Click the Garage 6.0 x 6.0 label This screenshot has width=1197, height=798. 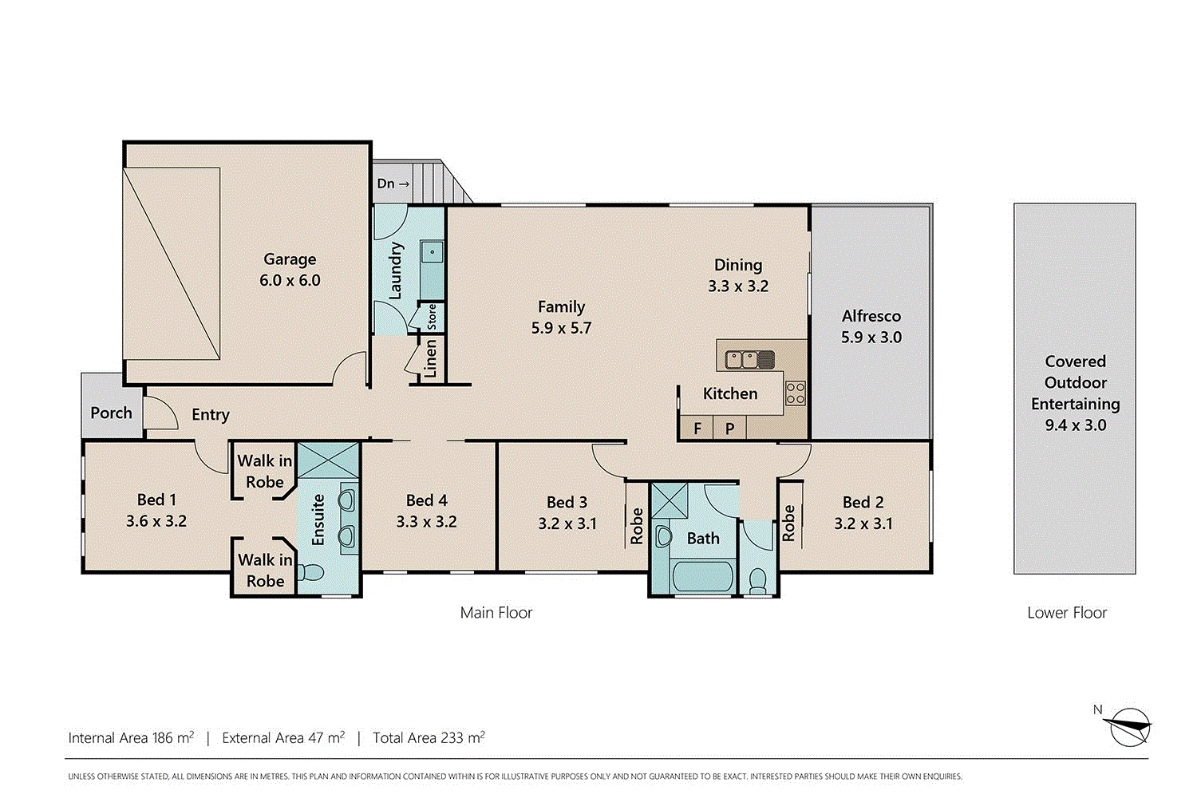[x=290, y=270]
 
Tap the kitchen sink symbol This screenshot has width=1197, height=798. [x=749, y=360]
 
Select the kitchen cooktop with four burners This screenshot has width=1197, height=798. [x=795, y=393]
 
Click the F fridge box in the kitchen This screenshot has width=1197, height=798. [x=697, y=429]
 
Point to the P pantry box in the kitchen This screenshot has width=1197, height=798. [x=729, y=429]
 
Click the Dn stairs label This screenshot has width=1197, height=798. [x=393, y=184]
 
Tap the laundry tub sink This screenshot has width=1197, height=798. [x=432, y=253]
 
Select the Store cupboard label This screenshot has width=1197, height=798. [x=432, y=317]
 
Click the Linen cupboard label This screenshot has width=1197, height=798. [x=431, y=358]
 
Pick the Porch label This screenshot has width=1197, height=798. [x=111, y=413]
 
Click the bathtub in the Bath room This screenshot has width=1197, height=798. [x=702, y=576]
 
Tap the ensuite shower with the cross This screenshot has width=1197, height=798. [x=328, y=460]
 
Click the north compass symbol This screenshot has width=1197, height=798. [x=1128, y=726]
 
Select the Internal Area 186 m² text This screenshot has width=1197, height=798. [x=131, y=738]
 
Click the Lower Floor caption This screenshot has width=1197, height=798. [x=1067, y=613]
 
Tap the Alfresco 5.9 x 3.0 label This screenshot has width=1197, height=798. [x=871, y=326]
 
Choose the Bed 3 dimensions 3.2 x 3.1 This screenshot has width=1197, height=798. [x=567, y=524]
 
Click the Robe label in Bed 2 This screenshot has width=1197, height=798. [x=788, y=523]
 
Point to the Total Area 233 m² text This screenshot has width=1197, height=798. [x=429, y=738]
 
